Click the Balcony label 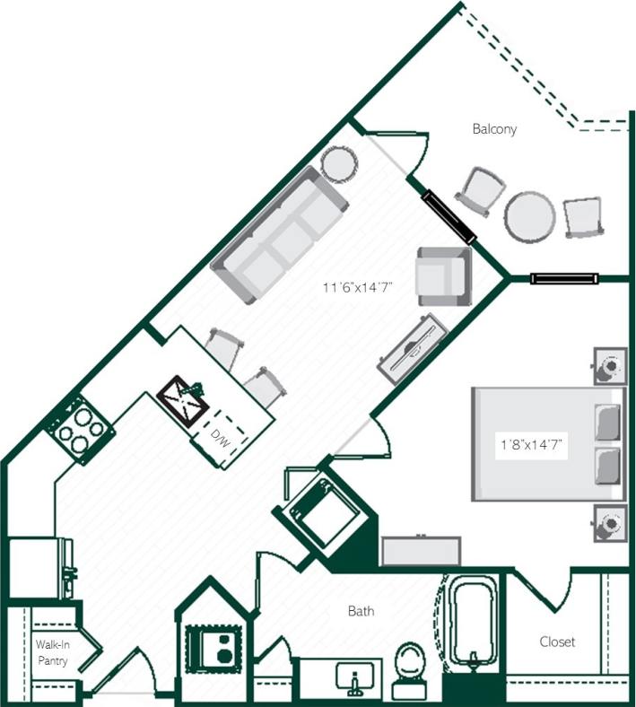point(494,129)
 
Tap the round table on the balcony point(531,215)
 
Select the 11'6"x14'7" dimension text point(359,288)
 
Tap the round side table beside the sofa point(340,164)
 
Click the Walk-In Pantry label point(50,653)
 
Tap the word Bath point(361,612)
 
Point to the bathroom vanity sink point(356,676)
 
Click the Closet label point(557,642)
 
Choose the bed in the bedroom point(547,443)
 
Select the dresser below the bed point(420,550)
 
